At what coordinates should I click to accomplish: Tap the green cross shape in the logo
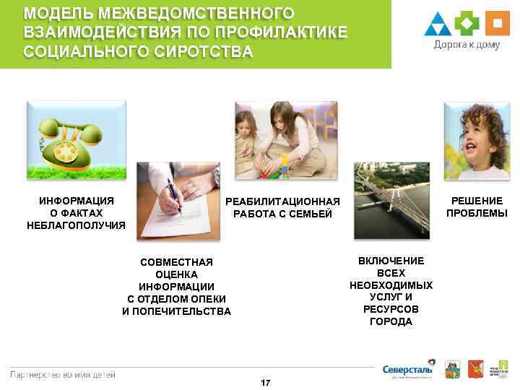pos(467,24)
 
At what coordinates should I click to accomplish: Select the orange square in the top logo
pos(495,24)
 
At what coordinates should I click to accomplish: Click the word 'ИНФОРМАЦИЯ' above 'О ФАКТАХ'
pos(76,200)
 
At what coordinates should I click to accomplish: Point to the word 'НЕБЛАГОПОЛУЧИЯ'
pos(76,225)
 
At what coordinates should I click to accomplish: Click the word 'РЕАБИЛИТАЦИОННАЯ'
pos(282,201)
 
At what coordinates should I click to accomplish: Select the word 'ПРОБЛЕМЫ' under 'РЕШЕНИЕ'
pos(477,213)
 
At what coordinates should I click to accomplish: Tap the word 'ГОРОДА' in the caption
pos(391,321)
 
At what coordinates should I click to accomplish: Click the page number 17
pos(265,382)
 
